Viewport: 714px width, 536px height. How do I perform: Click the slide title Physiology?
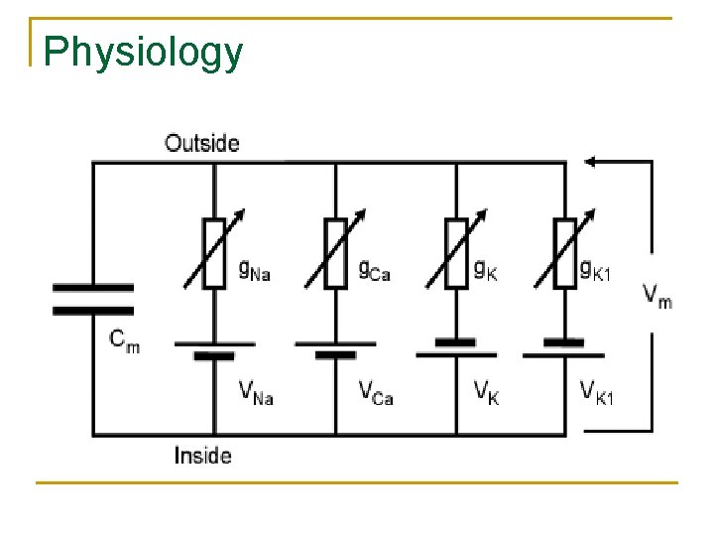144,52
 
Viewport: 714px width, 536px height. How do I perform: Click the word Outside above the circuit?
201,143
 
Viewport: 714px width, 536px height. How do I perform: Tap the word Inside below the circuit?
202,456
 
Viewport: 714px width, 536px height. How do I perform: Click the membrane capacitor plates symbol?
93,298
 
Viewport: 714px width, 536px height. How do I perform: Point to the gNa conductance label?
255,269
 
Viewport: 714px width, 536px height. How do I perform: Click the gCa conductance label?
374,269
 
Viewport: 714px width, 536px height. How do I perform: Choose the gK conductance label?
485,269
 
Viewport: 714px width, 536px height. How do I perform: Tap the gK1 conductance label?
596,269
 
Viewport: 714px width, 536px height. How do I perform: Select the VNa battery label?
256,392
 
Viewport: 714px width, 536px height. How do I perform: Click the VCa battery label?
376,392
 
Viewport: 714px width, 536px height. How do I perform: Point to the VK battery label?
486,392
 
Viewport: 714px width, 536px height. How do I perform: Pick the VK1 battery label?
597,392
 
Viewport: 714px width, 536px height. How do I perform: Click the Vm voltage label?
656,294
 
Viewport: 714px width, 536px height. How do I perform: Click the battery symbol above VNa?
215,349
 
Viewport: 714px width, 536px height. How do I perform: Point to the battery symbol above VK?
456,347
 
